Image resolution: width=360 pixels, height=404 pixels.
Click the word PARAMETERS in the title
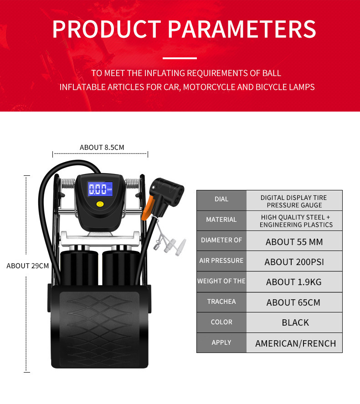click(242, 29)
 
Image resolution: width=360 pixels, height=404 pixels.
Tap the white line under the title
click(180, 58)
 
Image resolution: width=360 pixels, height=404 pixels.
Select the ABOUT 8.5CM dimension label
click(102, 147)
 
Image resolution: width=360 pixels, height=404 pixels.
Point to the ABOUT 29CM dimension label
click(27, 266)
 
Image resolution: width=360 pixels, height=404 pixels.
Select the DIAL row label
click(221, 199)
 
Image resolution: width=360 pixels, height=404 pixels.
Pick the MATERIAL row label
click(221, 220)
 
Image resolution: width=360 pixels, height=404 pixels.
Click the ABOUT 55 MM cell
click(294, 241)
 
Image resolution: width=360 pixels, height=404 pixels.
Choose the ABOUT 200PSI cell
click(294, 262)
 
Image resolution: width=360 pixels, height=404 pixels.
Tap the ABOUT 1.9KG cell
click(294, 282)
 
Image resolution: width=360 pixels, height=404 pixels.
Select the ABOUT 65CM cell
click(294, 302)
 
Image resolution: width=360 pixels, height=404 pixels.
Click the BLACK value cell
click(295, 322)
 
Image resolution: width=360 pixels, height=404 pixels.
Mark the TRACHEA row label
click(221, 302)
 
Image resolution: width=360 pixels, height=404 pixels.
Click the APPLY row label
click(221, 343)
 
